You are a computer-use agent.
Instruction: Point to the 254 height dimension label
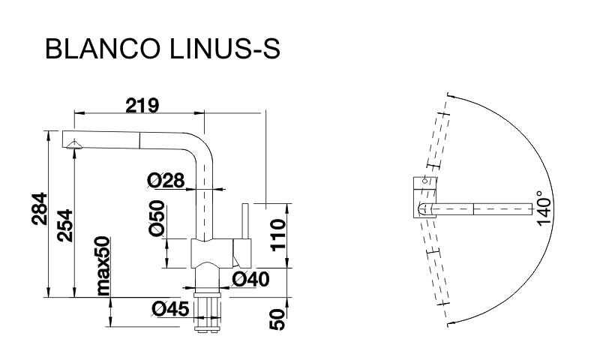coord(66,223)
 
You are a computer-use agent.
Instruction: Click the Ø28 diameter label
coord(165,180)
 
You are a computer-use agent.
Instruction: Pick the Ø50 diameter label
coord(157,220)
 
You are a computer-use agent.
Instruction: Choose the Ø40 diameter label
coord(250,280)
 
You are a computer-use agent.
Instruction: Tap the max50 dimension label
coord(103,267)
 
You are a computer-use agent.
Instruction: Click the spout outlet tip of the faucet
coord(73,145)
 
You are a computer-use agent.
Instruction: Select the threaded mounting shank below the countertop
coord(208,310)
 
